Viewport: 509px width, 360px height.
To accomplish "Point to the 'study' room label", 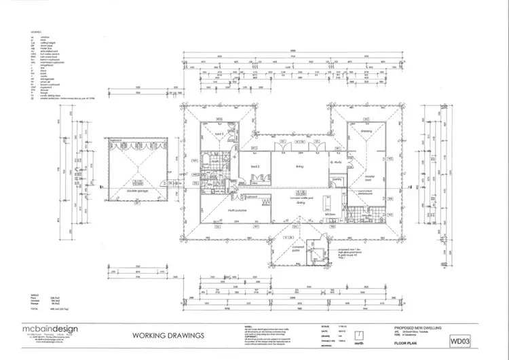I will (335, 162).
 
